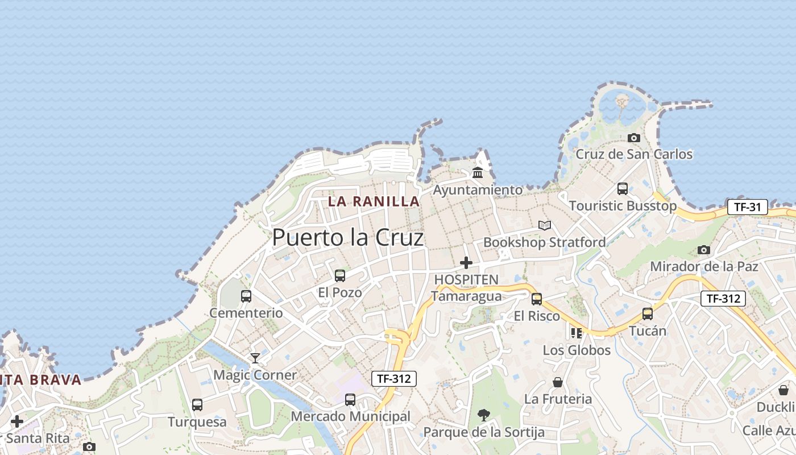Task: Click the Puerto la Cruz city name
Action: [348, 238]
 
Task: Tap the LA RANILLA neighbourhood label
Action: [374, 201]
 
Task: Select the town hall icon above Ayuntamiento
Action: [478, 172]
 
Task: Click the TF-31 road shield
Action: [747, 207]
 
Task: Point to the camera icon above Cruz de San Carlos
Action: [634, 138]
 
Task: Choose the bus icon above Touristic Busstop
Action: [623, 189]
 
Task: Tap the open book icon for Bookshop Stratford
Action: [545, 226]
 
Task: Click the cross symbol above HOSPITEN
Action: [466, 263]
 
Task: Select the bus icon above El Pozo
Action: [340, 276]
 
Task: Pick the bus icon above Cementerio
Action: [246, 296]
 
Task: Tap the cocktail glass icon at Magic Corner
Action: [255, 358]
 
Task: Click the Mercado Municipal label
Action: [350, 416]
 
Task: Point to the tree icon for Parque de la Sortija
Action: [484, 415]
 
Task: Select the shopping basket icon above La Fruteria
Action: [558, 382]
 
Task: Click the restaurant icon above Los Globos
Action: [577, 333]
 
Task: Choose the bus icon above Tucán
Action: [648, 314]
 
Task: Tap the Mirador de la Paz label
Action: [704, 266]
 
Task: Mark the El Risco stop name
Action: [537, 316]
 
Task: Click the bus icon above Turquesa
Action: [197, 405]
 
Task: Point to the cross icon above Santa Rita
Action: [17, 421]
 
